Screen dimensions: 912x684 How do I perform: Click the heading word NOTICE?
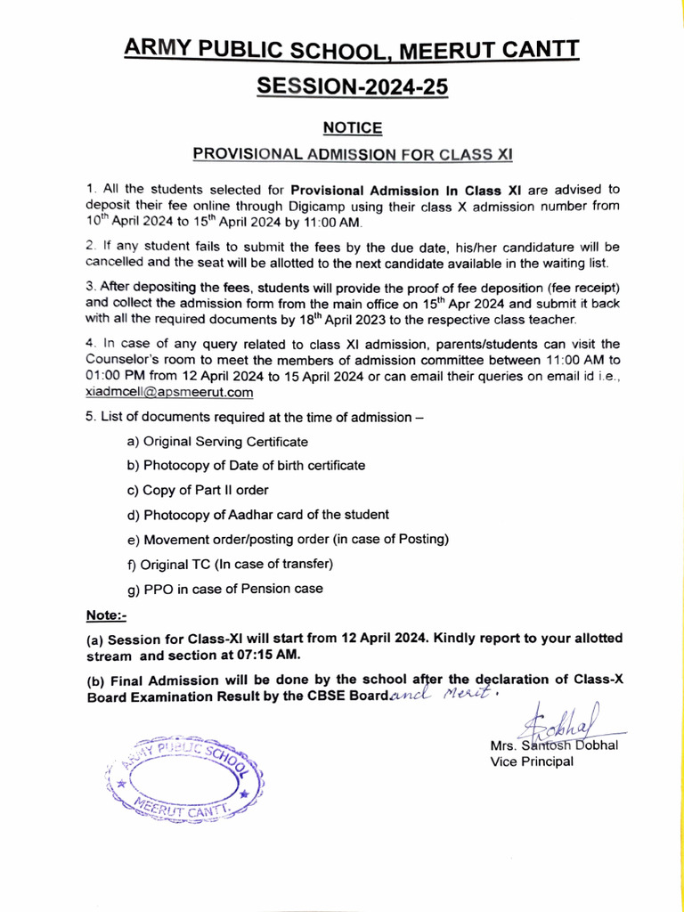(353, 128)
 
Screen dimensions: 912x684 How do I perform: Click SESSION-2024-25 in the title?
(352, 87)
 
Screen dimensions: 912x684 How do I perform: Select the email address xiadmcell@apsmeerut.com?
(170, 391)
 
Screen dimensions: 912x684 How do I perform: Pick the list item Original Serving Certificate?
(218, 442)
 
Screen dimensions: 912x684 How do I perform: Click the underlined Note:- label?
(106, 615)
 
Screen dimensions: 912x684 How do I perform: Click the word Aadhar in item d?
(252, 515)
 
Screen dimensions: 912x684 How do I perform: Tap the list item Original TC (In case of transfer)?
(230, 564)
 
